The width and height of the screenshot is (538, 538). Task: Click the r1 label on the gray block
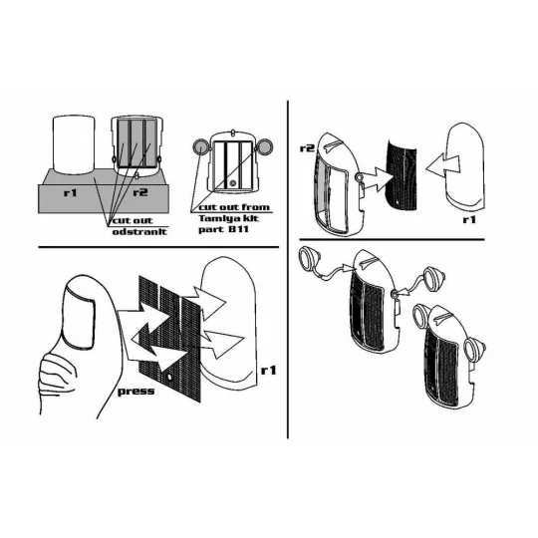tap(70, 192)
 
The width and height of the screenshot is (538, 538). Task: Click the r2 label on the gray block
tap(140, 192)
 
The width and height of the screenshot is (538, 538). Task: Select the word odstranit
tap(139, 231)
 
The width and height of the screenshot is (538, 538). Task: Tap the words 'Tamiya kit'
tap(229, 218)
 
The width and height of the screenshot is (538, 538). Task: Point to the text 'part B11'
tap(223, 229)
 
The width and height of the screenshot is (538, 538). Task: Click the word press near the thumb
tap(135, 392)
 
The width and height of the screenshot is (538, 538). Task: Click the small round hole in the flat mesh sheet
tap(168, 378)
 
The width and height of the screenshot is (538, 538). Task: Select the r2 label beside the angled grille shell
tap(307, 148)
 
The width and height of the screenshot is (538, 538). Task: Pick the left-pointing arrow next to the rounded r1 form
tap(442, 165)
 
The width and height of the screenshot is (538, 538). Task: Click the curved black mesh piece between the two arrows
tap(403, 174)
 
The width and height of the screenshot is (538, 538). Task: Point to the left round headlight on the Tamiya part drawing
tap(199, 147)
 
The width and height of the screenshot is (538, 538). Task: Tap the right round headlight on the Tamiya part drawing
tap(265, 146)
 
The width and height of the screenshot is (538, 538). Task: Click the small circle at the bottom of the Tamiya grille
tap(233, 183)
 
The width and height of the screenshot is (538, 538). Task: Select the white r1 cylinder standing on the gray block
tap(73, 144)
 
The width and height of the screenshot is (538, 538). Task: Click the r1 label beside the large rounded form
tap(269, 371)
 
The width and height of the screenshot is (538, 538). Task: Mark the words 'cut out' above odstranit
tap(133, 220)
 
